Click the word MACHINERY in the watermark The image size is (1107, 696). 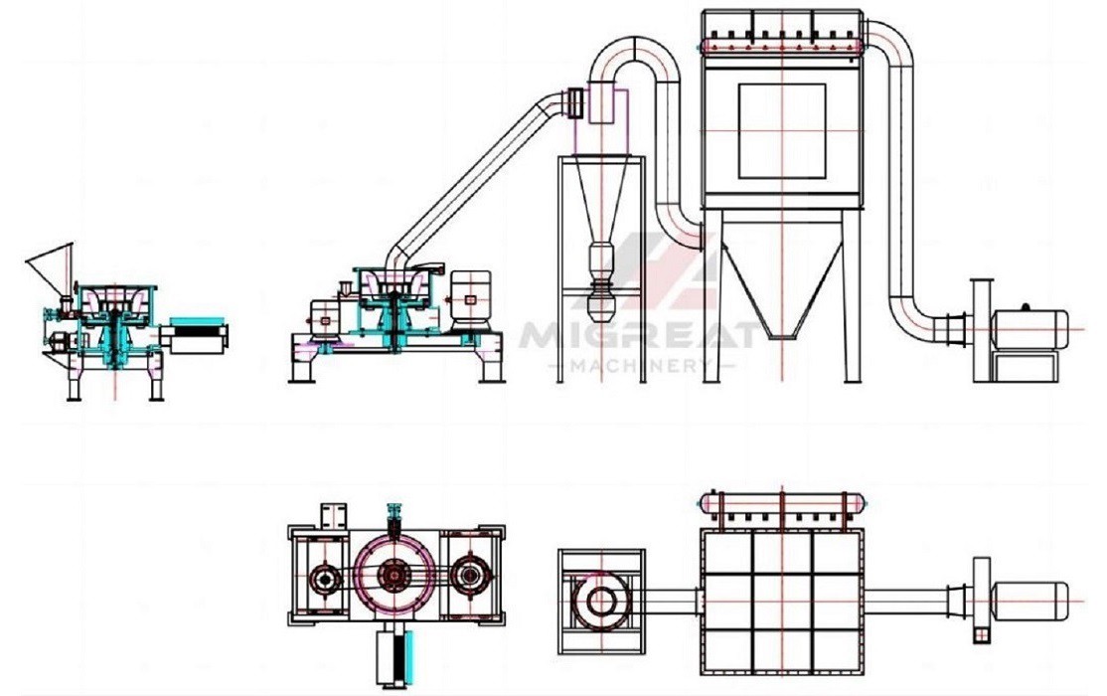[640, 365]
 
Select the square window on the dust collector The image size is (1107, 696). [782, 130]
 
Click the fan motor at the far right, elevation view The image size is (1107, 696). [1029, 328]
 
